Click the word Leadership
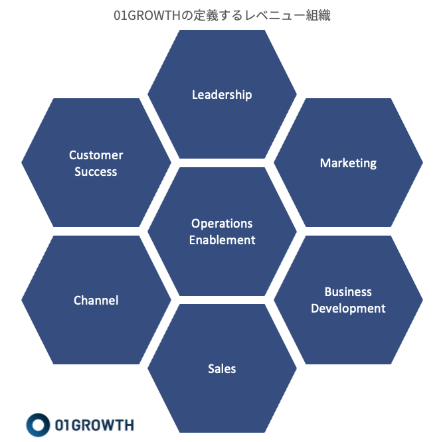pyautogui.click(x=222, y=94)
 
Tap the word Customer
pyautogui.click(x=96, y=155)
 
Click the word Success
pyautogui.click(x=96, y=172)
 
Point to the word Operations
pyautogui.click(x=222, y=224)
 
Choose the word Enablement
pyautogui.click(x=222, y=240)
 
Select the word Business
pyautogui.click(x=348, y=291)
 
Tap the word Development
pyautogui.click(x=348, y=308)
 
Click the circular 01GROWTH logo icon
pyautogui.click(x=39, y=425)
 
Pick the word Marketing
pyautogui.click(x=348, y=163)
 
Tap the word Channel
pyautogui.click(x=96, y=300)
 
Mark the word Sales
pyautogui.click(x=222, y=368)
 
